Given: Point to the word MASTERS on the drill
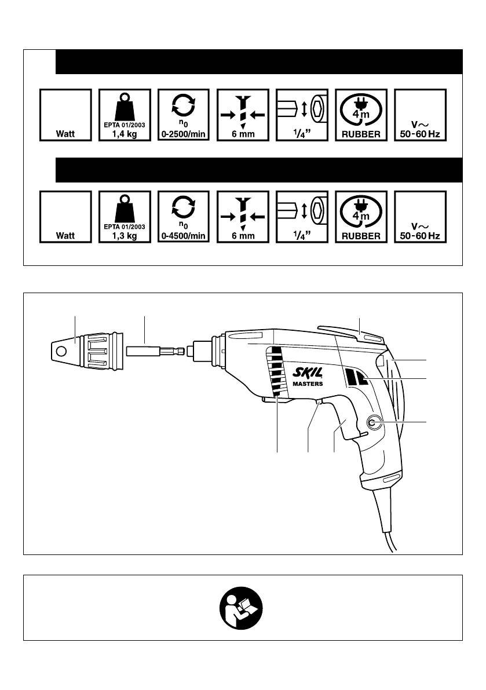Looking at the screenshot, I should pos(307,384).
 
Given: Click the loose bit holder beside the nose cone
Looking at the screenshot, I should pos(154,351).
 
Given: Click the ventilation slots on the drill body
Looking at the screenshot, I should pos(277,371).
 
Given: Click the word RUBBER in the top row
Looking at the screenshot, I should pos(361,134).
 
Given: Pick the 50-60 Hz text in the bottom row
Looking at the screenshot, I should pos(420,236).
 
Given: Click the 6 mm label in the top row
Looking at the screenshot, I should pos(243,134).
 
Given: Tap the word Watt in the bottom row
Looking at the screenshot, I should pos(65,236).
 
